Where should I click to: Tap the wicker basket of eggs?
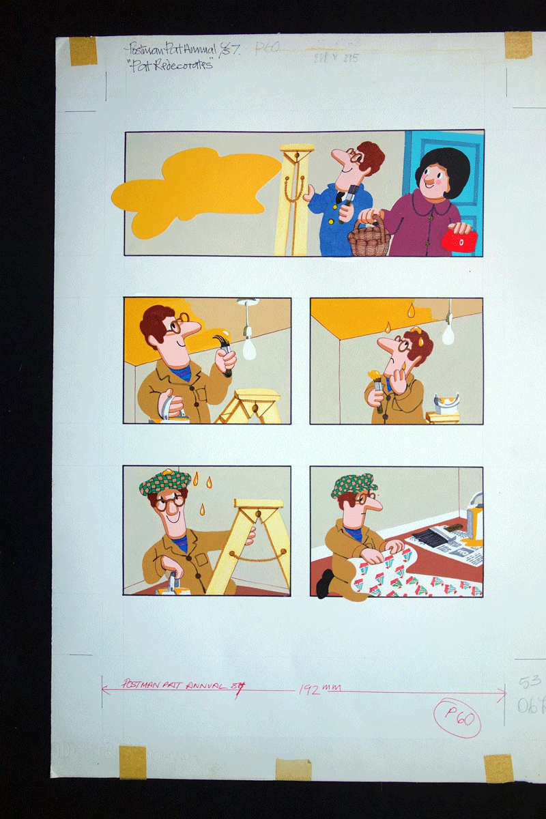tap(369, 239)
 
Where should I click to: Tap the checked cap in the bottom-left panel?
tap(164, 482)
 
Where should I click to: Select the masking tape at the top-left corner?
tap(83, 50)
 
